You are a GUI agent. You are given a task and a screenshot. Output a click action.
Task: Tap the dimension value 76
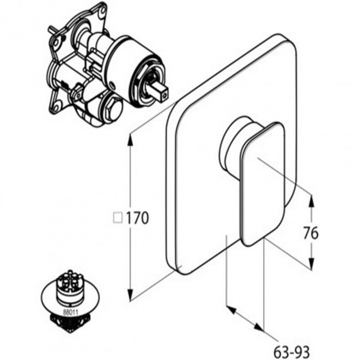click(311, 233)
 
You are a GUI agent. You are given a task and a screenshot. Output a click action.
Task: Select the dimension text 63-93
click(292, 351)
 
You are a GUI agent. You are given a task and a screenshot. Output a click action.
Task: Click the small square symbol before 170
click(118, 218)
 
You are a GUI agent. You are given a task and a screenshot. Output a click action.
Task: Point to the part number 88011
click(71, 312)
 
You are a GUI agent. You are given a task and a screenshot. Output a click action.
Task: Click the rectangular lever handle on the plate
click(263, 184)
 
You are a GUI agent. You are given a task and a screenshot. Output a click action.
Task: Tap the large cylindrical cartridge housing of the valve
click(133, 69)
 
